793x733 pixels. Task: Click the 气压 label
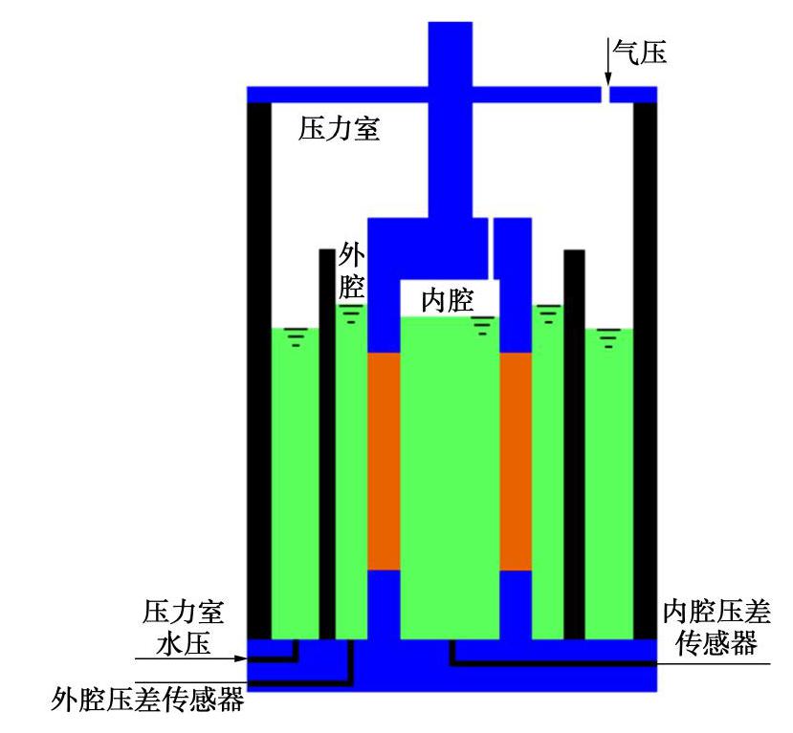coord(639,49)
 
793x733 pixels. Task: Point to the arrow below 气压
coord(606,67)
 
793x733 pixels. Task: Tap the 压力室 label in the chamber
coord(340,129)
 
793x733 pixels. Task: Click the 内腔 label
coord(448,302)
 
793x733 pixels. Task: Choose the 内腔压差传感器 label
coord(716,627)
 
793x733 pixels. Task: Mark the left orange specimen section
coord(384,462)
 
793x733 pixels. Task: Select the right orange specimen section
coord(515,462)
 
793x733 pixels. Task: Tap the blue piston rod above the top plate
coord(450,57)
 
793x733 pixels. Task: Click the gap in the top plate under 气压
coord(606,95)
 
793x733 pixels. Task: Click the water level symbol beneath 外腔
coord(352,314)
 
